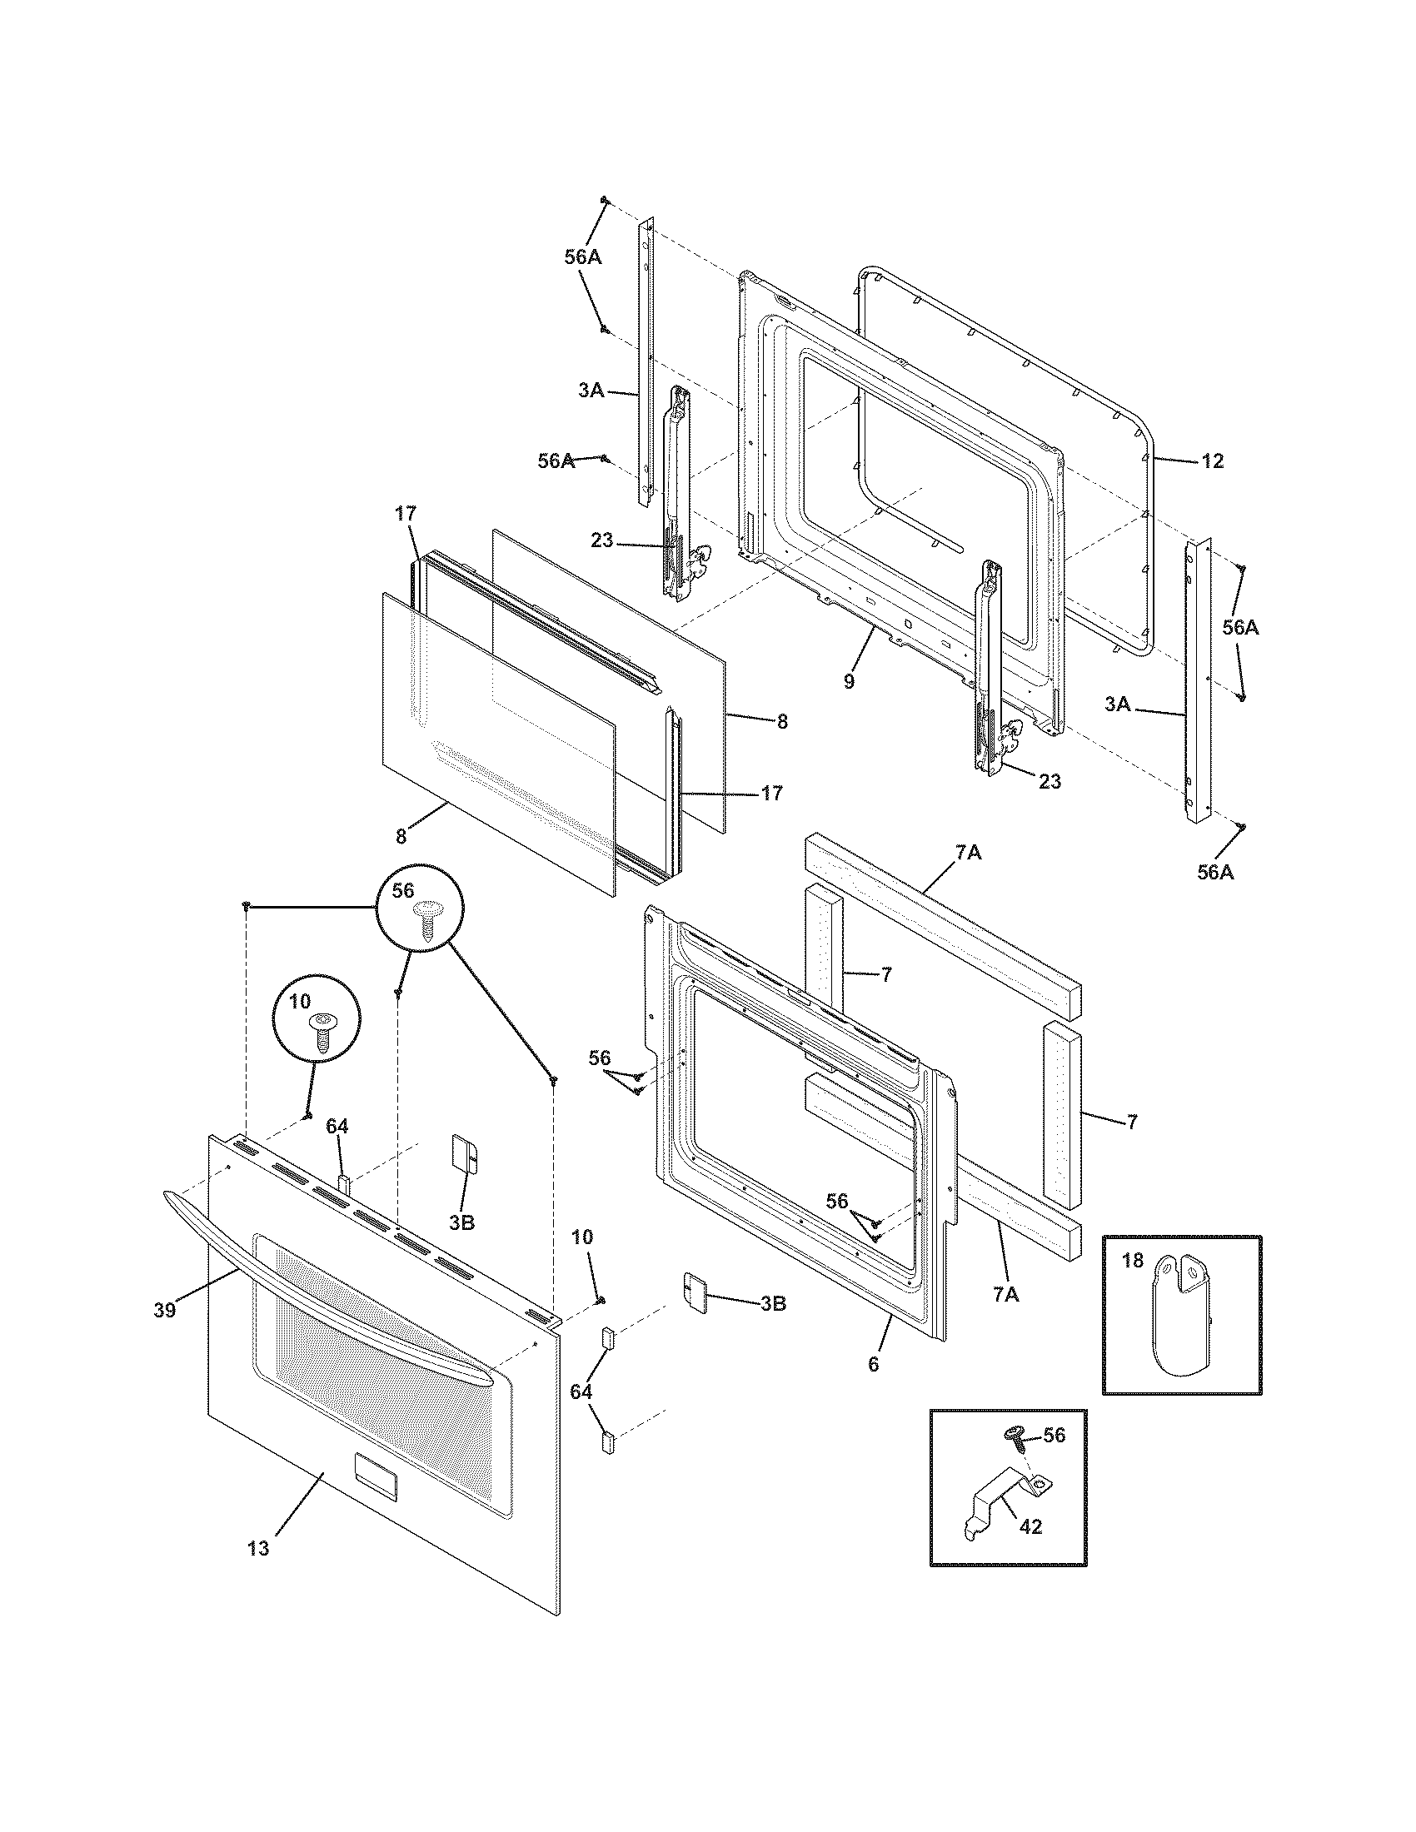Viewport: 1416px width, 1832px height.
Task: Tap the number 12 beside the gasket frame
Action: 1212,460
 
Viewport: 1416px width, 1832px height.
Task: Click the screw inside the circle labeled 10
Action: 322,1029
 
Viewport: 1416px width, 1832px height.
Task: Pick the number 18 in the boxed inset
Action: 1132,1261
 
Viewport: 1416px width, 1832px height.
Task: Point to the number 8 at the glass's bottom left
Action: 401,835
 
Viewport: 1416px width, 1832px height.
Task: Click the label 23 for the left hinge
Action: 601,540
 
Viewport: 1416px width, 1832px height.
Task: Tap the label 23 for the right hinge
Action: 1050,781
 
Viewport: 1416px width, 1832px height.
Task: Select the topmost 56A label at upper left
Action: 583,257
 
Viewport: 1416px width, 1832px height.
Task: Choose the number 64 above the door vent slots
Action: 337,1127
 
